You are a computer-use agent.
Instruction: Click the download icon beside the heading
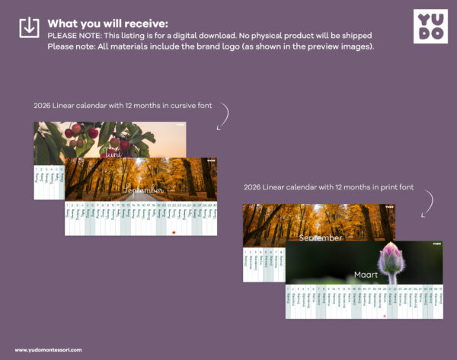(29, 27)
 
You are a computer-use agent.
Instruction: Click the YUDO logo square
(430, 27)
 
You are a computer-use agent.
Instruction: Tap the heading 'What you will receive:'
(108, 24)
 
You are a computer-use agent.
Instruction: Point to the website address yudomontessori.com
(48, 350)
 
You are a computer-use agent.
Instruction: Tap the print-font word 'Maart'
(366, 274)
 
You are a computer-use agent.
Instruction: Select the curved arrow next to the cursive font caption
(223, 115)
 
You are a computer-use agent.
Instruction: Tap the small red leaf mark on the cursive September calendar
(174, 232)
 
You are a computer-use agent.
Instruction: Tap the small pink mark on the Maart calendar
(385, 314)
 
